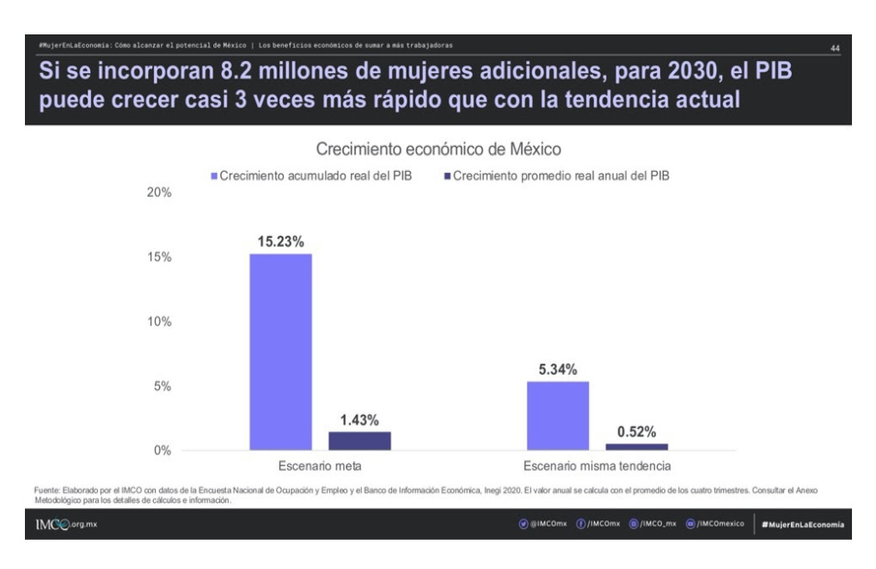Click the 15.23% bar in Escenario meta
click(x=281, y=352)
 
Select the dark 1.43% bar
click(x=359, y=441)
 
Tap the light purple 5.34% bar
click(x=558, y=415)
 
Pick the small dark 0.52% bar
click(x=636, y=447)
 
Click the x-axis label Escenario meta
click(x=319, y=467)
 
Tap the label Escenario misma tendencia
click(x=597, y=467)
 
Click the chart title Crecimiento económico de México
click(x=439, y=149)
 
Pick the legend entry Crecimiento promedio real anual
click(x=559, y=175)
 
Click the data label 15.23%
click(x=281, y=242)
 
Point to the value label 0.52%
click(x=637, y=431)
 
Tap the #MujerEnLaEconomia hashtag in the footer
click(x=803, y=524)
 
